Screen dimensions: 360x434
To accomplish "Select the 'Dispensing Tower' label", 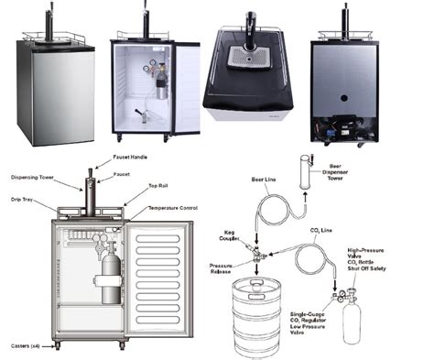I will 36,177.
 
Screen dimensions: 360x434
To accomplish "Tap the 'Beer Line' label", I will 265,179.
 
